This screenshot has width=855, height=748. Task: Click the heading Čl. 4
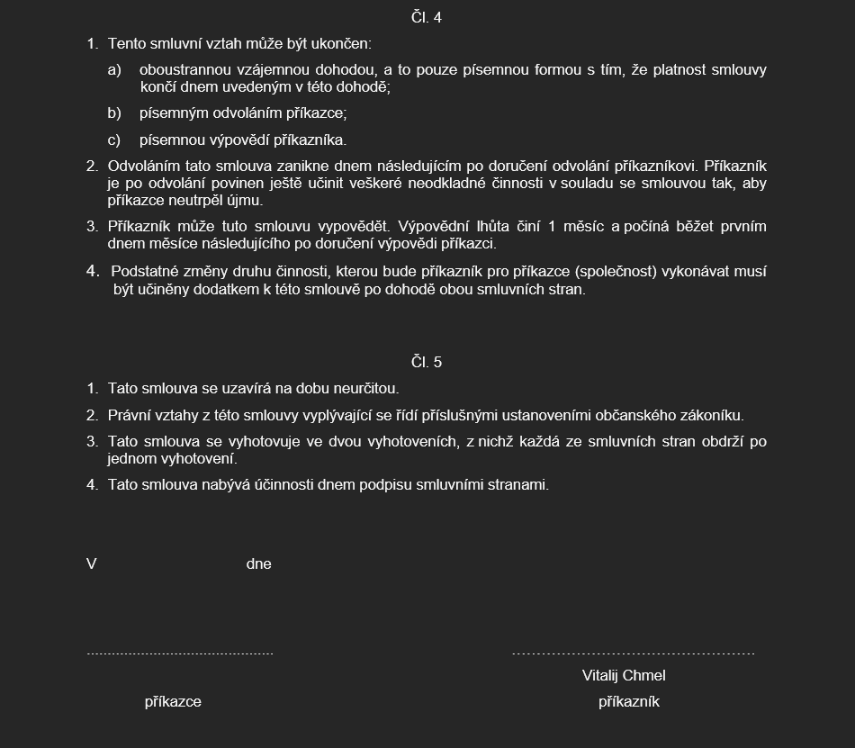tap(427, 17)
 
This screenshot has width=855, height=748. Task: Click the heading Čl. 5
tap(427, 362)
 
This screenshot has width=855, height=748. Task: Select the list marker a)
tap(114, 70)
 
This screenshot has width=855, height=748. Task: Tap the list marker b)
tap(114, 113)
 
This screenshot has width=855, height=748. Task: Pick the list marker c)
tap(114, 140)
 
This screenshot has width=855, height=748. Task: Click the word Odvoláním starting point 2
tap(145, 167)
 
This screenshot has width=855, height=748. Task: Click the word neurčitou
tap(364, 389)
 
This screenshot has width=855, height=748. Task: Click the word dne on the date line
tap(258, 564)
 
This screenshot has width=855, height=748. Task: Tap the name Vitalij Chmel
tap(624, 675)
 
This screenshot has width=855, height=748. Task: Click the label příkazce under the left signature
tap(173, 702)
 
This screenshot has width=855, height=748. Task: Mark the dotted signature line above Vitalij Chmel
tap(633, 653)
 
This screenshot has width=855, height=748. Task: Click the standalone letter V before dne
tap(92, 564)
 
